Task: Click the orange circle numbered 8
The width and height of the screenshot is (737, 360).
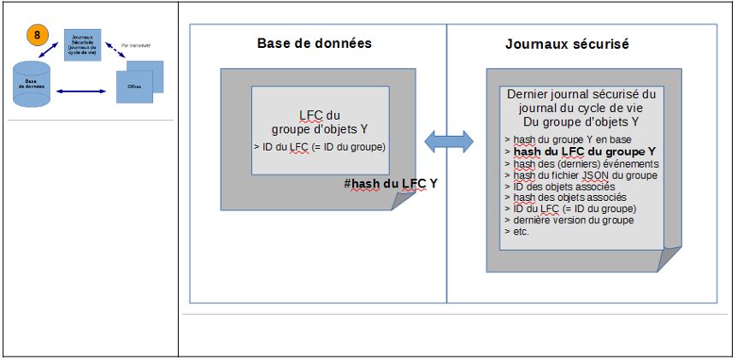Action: click(x=38, y=35)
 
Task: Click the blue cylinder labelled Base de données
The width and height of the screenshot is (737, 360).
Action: click(x=31, y=86)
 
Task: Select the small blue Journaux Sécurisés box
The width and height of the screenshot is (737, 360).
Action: click(x=83, y=44)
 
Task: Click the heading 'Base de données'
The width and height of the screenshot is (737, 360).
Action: click(x=315, y=44)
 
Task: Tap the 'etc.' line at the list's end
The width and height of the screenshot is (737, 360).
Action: click(x=518, y=232)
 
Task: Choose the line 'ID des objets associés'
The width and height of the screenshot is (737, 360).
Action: click(x=563, y=186)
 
